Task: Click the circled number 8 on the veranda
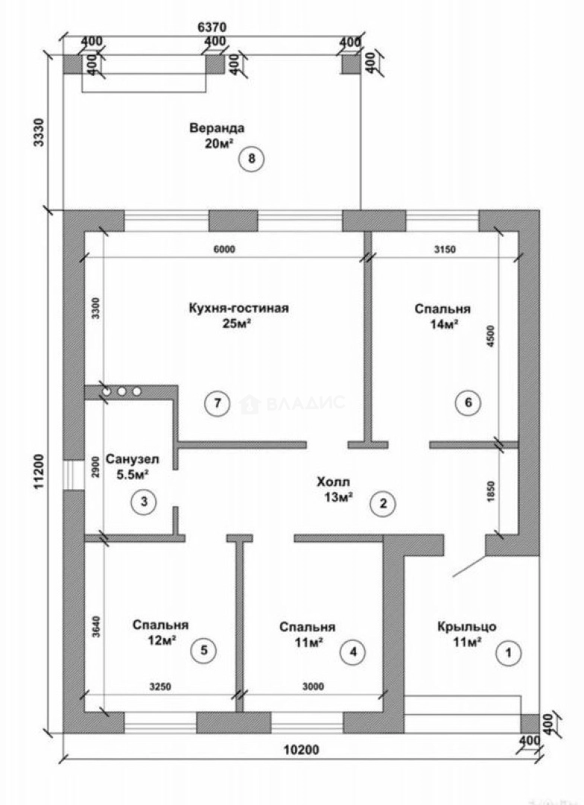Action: [251, 158]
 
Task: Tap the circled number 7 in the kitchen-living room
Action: [217, 403]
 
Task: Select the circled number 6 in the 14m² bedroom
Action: [468, 402]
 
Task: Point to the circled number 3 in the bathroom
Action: [144, 501]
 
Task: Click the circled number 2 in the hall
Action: [384, 504]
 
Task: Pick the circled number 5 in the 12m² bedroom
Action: [204, 651]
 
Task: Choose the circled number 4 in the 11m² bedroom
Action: [353, 652]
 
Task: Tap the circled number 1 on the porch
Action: [509, 653]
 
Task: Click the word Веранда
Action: [217, 128]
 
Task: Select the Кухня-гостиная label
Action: [238, 308]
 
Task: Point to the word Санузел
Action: [133, 459]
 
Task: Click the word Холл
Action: [333, 482]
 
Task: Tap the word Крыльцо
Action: [467, 627]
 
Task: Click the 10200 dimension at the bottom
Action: [301, 750]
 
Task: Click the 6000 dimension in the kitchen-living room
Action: [223, 250]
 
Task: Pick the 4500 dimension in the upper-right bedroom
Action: [492, 337]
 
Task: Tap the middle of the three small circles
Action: [121, 391]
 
